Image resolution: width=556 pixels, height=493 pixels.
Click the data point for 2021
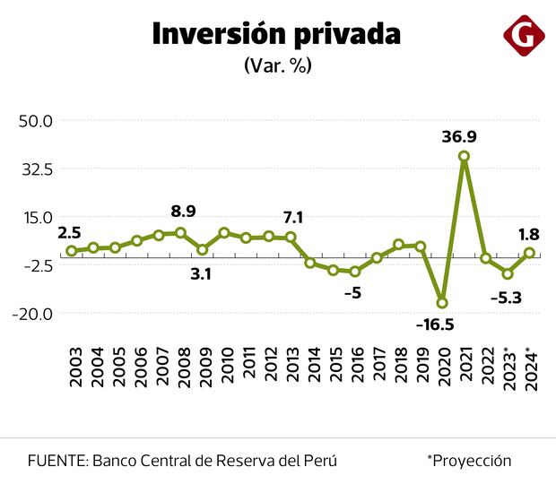[464, 156]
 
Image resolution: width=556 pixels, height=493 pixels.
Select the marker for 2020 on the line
[442, 303]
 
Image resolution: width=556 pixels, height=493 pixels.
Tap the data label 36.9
[459, 137]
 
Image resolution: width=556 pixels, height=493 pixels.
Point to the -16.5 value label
[436, 324]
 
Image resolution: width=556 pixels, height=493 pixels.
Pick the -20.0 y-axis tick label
[34, 314]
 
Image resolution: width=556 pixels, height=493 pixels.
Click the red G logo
[525, 36]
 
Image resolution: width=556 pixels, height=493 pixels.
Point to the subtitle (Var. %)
[277, 65]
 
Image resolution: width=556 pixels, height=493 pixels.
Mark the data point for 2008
[180, 233]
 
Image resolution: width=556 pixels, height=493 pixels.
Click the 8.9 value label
[183, 212]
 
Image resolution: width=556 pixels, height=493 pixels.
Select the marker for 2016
[355, 272]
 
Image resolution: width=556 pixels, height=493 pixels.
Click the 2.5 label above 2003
[70, 233]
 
